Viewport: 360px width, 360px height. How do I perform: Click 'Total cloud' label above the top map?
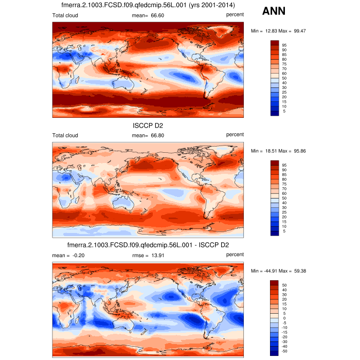(65, 15)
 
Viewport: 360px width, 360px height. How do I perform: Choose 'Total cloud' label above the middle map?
(65, 135)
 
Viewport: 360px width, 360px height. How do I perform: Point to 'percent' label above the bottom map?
(235, 255)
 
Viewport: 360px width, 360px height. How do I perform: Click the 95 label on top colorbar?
(284, 45)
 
